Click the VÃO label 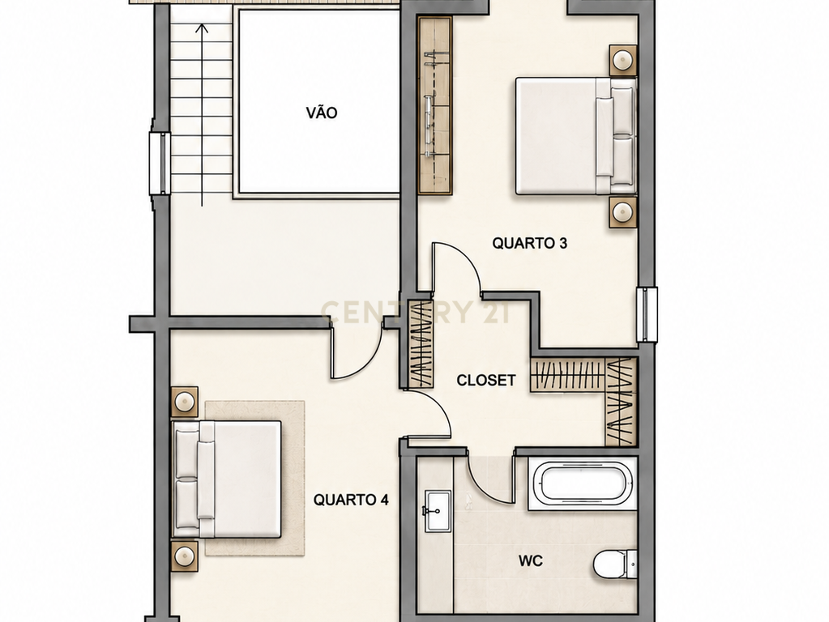tap(322, 113)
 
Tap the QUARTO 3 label tap(530, 243)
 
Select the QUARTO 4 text tap(351, 500)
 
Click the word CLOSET tap(486, 380)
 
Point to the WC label tap(530, 560)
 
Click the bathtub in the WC tap(583, 484)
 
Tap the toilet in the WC tap(615, 564)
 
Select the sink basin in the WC tap(438, 511)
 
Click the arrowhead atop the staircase tap(202, 28)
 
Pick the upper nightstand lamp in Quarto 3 tap(623, 60)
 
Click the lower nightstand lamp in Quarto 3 tap(623, 212)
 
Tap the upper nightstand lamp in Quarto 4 tap(185, 403)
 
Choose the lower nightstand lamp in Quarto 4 tap(185, 556)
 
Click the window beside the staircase tap(159, 164)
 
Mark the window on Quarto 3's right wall tap(647, 315)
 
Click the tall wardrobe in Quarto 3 tap(435, 106)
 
